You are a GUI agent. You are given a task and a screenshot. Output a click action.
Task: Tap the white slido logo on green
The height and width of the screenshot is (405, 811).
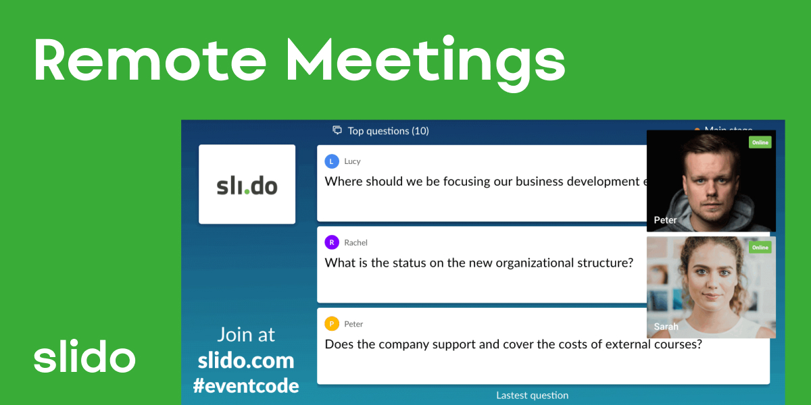pyautogui.click(x=84, y=358)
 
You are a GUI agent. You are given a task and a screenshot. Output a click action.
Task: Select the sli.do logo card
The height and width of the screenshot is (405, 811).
pyautogui.click(x=247, y=184)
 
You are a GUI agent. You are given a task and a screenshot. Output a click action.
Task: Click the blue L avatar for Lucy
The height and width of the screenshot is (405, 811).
pyautogui.click(x=331, y=161)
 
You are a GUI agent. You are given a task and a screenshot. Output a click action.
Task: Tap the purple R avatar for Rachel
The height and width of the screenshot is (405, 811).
pyautogui.click(x=331, y=242)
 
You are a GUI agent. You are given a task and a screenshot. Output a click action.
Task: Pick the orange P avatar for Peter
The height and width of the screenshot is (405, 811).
pyautogui.click(x=331, y=324)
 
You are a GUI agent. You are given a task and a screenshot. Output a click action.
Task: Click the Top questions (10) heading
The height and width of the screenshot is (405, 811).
pyautogui.click(x=388, y=131)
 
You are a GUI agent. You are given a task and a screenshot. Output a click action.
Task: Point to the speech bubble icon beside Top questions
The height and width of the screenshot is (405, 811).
pyautogui.click(x=337, y=130)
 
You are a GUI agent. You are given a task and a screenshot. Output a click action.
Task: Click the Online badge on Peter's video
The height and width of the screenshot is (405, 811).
pyautogui.click(x=760, y=142)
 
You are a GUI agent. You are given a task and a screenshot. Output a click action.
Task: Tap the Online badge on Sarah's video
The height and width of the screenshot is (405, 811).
pyautogui.click(x=760, y=248)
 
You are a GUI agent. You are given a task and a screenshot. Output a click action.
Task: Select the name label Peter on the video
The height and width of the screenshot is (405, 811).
pyautogui.click(x=665, y=220)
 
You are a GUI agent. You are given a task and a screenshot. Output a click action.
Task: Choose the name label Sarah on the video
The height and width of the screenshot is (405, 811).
pyautogui.click(x=666, y=327)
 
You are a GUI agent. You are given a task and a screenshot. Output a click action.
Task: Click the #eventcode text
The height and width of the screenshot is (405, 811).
pyautogui.click(x=246, y=385)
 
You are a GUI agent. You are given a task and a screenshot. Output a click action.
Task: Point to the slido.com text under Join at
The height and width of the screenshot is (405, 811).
pyautogui.click(x=246, y=360)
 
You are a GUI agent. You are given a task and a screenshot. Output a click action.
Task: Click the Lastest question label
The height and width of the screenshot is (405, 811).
pyautogui.click(x=532, y=396)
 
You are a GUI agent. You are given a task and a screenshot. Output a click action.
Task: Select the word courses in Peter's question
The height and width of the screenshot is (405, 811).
pyautogui.click(x=679, y=344)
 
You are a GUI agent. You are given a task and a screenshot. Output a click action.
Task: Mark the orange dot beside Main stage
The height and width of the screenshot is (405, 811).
pyautogui.click(x=697, y=129)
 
